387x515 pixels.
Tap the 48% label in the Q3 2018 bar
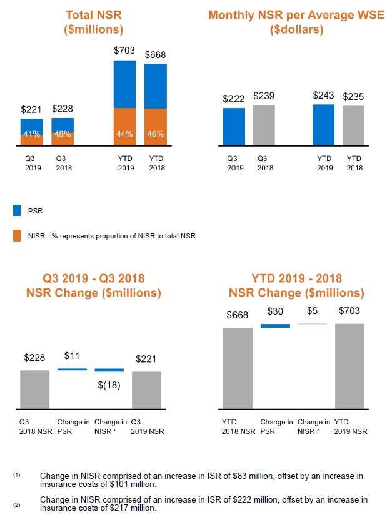pyautogui.click(x=62, y=134)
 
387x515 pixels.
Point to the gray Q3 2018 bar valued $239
pyautogui.click(x=263, y=125)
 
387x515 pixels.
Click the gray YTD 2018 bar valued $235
pyautogui.click(x=354, y=126)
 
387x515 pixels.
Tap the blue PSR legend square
pyautogui.click(x=18, y=211)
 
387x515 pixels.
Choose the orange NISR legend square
pyautogui.click(x=18, y=235)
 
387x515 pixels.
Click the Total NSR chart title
pyautogui.click(x=93, y=21)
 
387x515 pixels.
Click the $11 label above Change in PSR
pyautogui.click(x=72, y=356)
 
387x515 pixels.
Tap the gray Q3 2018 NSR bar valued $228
pyautogui.click(x=34, y=390)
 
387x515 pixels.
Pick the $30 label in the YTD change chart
pyautogui.click(x=276, y=311)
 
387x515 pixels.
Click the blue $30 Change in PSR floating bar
pyautogui.click(x=275, y=325)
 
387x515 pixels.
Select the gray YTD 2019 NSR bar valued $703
pyautogui.click(x=349, y=366)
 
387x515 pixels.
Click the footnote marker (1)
pyautogui.click(x=17, y=475)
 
